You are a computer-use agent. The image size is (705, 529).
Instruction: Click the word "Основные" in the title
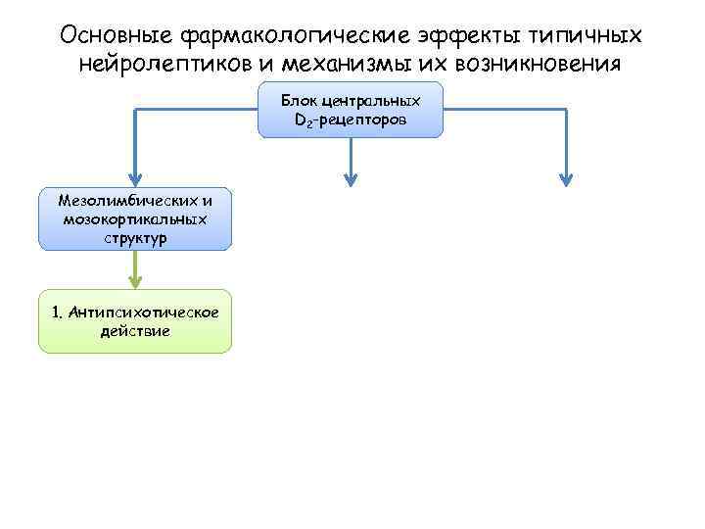[x=117, y=35]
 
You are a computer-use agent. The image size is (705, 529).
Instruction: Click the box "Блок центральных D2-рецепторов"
[x=351, y=110]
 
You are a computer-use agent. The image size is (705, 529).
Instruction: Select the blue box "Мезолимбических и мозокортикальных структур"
[x=135, y=218]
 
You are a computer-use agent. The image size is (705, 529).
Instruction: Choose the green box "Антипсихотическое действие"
[x=135, y=321]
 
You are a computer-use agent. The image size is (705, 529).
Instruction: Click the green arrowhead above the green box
[x=135, y=281]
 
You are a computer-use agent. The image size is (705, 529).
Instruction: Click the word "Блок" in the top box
[x=300, y=101]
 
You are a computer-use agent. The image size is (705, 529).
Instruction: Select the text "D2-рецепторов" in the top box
[x=351, y=120]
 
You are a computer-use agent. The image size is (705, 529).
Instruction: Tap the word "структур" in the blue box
[x=135, y=237]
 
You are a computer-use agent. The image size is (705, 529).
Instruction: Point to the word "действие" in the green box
[x=135, y=331]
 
